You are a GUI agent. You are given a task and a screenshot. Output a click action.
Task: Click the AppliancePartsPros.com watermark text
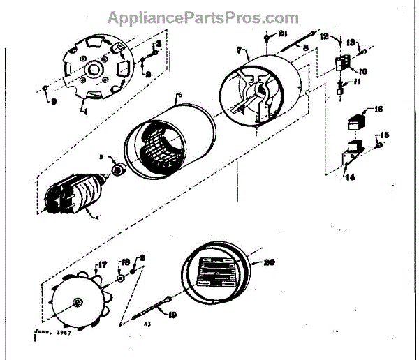pyautogui.click(x=203, y=17)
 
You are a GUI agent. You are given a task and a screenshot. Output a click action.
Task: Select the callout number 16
pyautogui.click(x=379, y=109)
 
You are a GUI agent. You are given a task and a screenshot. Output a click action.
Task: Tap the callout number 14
pyautogui.click(x=349, y=178)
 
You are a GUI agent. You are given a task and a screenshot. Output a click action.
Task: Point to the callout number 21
pyautogui.click(x=283, y=34)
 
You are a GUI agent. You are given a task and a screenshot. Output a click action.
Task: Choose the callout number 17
pyautogui.click(x=102, y=264)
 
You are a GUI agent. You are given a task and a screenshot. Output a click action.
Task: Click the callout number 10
pyautogui.click(x=363, y=71)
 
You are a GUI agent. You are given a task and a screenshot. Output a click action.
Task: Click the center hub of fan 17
pyautogui.click(x=77, y=301)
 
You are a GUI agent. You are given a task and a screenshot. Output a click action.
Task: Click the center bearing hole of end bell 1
pyautogui.click(x=92, y=70)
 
